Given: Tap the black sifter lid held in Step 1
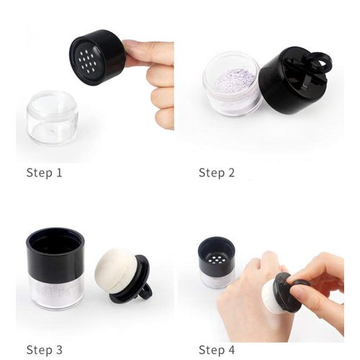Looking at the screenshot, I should click(97, 58).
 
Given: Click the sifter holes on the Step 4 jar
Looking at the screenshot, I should click(217, 252).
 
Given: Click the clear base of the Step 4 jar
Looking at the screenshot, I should click(217, 278).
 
